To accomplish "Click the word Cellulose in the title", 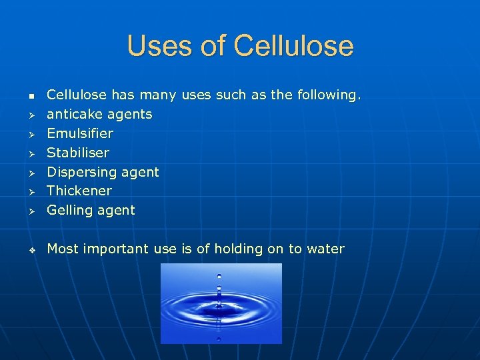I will (294, 46).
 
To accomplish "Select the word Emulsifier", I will (80, 133).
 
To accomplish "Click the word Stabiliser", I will (78, 153).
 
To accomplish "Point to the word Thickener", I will (79, 191).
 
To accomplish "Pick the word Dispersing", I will (82, 172).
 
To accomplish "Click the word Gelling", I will (68, 210).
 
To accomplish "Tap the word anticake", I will (73, 114).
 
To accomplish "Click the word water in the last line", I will (325, 249).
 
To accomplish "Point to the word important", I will (117, 249).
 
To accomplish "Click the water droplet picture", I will (221, 303).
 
